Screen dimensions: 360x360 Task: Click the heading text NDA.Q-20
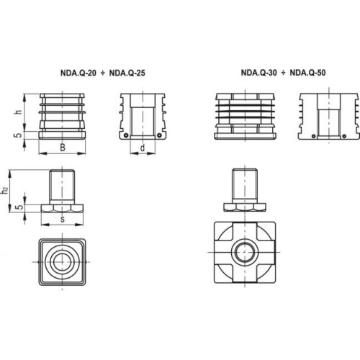(x=78, y=73)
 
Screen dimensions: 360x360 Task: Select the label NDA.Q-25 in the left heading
(x=127, y=73)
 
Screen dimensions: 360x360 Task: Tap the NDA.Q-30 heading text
(x=258, y=73)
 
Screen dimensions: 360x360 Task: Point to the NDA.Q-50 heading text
(x=307, y=73)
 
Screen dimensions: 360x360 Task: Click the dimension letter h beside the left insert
(x=19, y=112)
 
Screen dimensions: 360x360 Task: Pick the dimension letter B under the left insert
(x=63, y=148)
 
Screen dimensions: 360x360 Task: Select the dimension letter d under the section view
(x=143, y=148)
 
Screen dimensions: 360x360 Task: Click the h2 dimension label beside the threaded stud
(x=5, y=191)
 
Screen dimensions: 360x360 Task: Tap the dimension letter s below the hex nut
(x=63, y=220)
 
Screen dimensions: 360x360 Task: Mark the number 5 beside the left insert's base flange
(x=19, y=135)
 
